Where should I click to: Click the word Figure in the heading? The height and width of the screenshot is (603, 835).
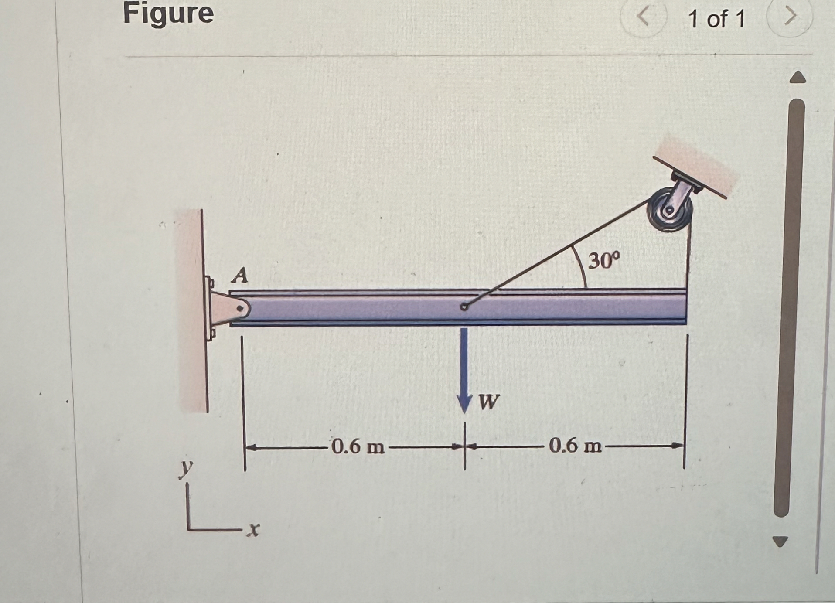tap(168, 14)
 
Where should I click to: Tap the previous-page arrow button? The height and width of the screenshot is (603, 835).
tap(643, 17)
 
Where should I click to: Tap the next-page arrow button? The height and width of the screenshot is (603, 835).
tap(790, 17)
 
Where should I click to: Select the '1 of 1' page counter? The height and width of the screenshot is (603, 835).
tap(716, 20)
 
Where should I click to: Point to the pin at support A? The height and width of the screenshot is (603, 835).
tap(239, 309)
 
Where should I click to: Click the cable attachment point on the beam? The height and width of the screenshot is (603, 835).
tap(464, 307)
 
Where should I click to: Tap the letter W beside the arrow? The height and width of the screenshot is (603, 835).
tap(488, 402)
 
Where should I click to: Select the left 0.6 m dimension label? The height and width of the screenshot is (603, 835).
tap(358, 447)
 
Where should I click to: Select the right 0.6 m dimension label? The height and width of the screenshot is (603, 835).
tap(575, 446)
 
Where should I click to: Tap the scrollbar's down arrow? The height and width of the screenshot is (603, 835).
tap(780, 542)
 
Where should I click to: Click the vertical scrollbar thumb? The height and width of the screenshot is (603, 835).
tap(789, 305)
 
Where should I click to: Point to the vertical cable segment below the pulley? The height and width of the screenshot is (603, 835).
tap(689, 262)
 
